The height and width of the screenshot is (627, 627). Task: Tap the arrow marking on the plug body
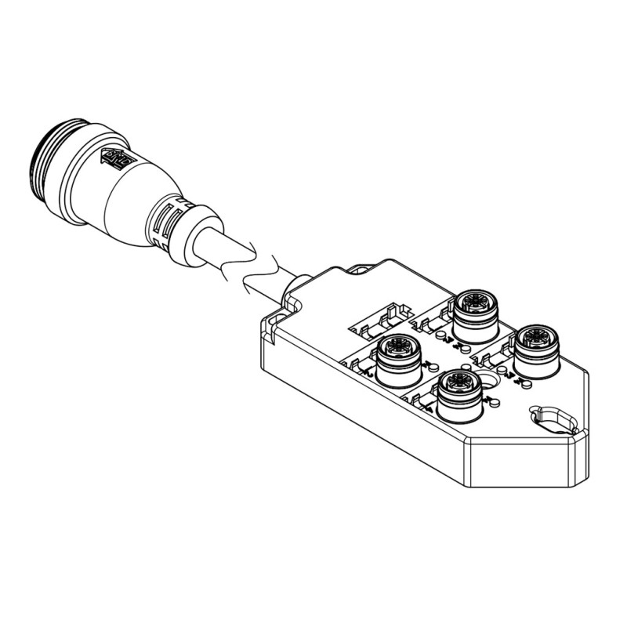(x=114, y=161)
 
